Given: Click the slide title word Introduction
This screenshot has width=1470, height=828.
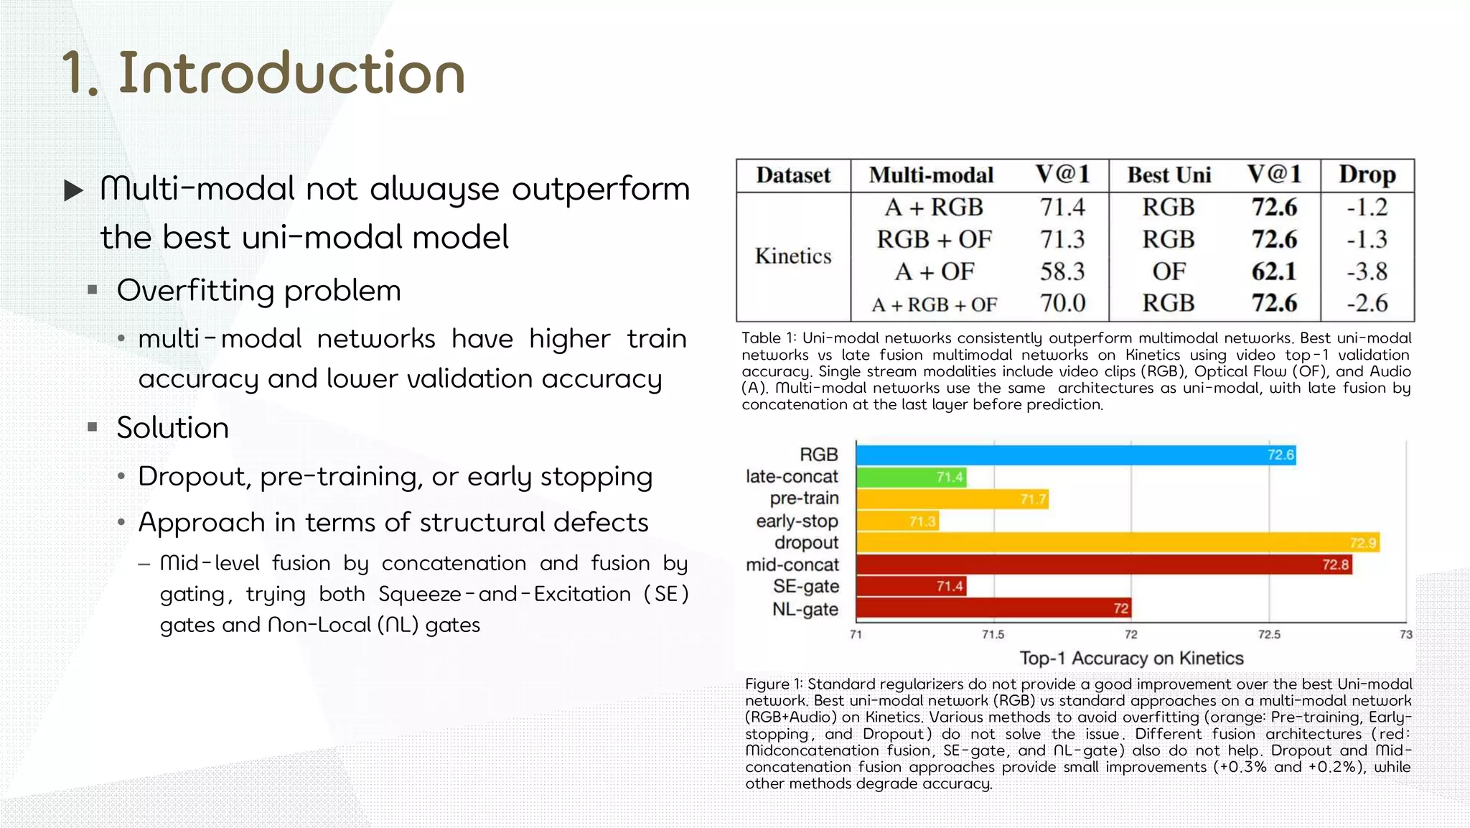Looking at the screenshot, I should click(x=291, y=73).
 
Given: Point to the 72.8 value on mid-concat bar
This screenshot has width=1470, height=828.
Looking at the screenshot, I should click(x=1335, y=565).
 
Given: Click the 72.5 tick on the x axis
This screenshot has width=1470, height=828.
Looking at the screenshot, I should click(x=1268, y=635).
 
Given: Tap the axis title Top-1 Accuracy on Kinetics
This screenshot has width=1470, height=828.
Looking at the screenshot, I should click(x=1131, y=659).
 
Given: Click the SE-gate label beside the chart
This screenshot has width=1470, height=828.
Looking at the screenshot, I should click(x=805, y=587).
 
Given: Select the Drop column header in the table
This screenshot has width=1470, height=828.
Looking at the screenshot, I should click(x=1367, y=175).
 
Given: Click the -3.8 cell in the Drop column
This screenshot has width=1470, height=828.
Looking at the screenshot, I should click(x=1367, y=271).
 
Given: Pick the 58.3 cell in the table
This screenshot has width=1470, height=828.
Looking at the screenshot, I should click(x=1062, y=271).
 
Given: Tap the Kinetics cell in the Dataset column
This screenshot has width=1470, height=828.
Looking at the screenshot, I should click(x=793, y=256).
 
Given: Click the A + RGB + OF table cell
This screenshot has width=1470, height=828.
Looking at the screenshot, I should click(x=934, y=304).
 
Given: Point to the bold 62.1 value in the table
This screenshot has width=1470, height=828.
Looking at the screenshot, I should click(x=1274, y=271).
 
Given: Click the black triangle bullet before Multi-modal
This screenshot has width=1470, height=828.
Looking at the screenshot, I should click(x=73, y=190).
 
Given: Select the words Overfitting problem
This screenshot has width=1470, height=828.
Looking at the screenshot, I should click(x=258, y=291).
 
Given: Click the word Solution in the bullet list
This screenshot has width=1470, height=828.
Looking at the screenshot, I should click(x=172, y=428).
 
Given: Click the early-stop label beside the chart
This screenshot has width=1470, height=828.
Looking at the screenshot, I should click(x=797, y=521).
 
